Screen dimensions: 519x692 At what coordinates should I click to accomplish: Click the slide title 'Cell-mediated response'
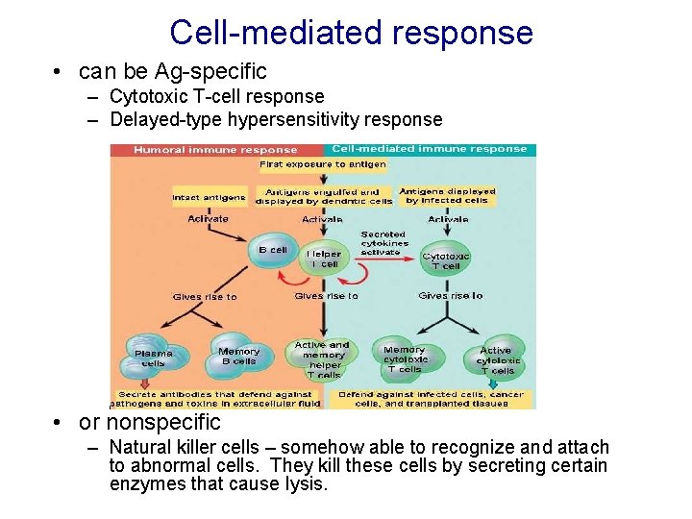tap(351, 33)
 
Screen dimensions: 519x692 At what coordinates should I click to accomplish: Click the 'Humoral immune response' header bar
tap(215, 150)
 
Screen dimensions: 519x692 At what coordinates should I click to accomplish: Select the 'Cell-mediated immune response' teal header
tap(429, 149)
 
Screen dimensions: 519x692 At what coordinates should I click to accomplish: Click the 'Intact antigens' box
tap(209, 198)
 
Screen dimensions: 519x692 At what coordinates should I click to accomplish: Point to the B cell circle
tap(272, 251)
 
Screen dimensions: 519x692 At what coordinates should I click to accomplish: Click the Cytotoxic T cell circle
tap(446, 260)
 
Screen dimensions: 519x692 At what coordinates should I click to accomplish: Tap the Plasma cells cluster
tap(153, 358)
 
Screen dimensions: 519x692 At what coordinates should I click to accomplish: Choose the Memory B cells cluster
tap(238, 357)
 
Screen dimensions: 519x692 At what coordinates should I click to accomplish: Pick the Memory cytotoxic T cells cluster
tap(405, 359)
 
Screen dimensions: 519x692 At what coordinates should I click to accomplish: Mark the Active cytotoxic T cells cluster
tap(496, 360)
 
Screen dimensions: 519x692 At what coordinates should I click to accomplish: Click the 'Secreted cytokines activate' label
tap(383, 243)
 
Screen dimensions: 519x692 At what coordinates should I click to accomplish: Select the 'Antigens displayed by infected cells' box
tap(447, 196)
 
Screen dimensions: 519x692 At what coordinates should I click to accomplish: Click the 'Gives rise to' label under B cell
tap(204, 297)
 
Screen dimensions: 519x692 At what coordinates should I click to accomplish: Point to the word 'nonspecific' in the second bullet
tap(163, 422)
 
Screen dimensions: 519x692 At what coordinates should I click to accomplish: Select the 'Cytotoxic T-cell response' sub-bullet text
tap(216, 96)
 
